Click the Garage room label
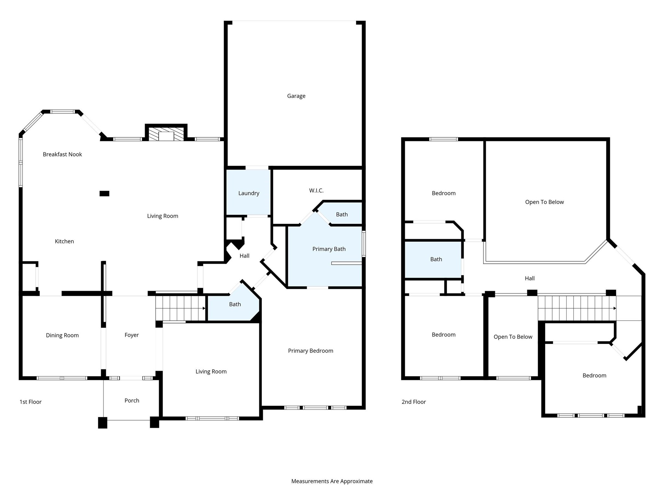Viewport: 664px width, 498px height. [296, 96]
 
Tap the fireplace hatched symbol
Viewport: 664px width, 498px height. [166, 134]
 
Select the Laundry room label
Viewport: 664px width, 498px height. [249, 193]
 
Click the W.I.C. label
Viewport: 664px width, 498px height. [316, 191]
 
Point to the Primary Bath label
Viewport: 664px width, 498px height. [329, 249]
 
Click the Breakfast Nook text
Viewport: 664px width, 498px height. [62, 154]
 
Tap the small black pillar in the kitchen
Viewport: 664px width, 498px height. [104, 194]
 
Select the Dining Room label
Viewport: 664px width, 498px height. [62, 335]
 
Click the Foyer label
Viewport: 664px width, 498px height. [131, 335]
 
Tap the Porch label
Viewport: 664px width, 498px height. [132, 400]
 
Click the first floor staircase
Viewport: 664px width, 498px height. [180, 308]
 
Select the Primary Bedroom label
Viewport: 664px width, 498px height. [310, 351]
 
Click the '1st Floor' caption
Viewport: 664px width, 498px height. [30, 402]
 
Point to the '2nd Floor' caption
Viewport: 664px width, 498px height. [413, 402]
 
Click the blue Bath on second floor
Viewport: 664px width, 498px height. [436, 259]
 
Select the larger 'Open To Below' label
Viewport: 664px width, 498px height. [544, 202]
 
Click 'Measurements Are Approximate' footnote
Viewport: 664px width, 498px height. [332, 481]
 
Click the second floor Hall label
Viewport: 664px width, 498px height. [529, 278]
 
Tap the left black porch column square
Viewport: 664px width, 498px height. [102, 423]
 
